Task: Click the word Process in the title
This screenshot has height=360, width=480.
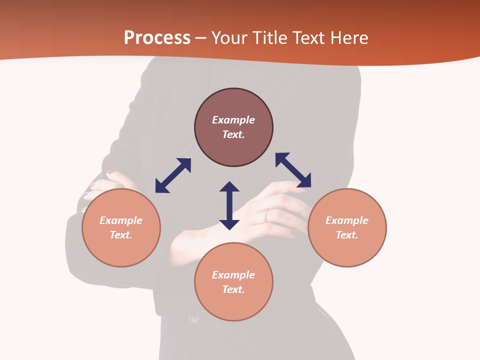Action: coord(157,38)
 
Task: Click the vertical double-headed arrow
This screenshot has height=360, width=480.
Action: coord(229,205)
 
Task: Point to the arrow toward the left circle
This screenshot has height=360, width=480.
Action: coord(173,175)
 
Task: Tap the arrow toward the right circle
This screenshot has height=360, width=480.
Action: coord(293,170)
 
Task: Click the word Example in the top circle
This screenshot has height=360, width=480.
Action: coord(233,120)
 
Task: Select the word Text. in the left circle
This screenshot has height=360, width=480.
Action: coord(121,235)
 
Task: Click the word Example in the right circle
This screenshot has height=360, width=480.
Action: coord(347,220)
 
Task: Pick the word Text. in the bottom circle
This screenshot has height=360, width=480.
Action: coord(233,289)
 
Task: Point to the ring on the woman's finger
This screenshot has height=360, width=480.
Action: coord(266,215)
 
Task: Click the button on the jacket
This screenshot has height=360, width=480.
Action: coord(194,318)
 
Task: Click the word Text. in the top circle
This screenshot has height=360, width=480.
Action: coord(233,134)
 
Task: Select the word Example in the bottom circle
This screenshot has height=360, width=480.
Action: coord(233,275)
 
